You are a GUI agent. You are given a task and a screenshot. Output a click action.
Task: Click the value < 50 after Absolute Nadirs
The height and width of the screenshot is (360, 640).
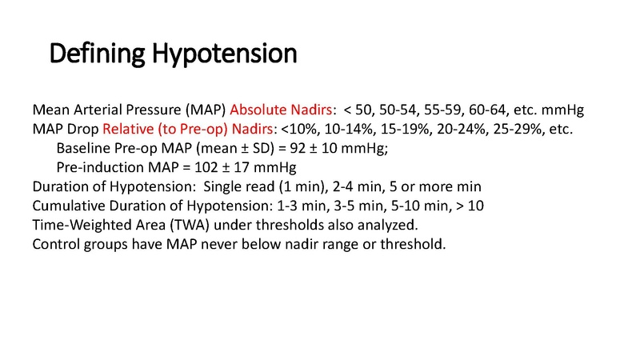click(358, 110)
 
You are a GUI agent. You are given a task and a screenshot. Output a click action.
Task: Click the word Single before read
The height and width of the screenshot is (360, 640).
click(225, 186)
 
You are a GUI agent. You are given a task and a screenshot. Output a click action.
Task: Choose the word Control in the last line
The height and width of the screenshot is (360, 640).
click(54, 244)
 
